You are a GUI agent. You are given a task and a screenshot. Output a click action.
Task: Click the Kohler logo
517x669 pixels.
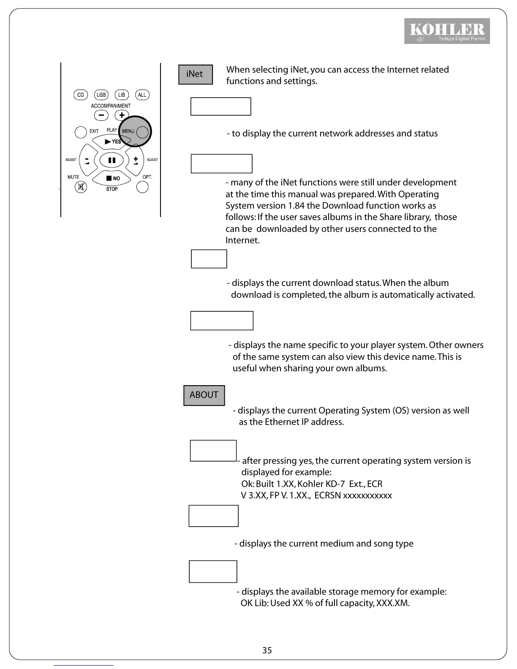tap(447, 31)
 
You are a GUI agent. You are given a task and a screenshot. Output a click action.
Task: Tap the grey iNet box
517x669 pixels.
tap(195, 74)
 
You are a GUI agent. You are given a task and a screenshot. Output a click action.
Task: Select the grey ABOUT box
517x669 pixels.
tap(204, 395)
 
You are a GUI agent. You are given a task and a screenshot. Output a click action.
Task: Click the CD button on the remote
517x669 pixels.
tap(80, 95)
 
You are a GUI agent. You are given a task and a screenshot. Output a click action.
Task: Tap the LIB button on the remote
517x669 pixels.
tap(122, 95)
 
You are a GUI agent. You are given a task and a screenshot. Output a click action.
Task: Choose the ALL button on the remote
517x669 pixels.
tap(142, 95)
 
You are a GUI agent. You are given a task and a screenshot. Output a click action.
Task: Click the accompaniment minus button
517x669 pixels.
tap(101, 115)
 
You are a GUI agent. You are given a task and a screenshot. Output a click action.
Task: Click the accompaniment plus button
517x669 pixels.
tap(122, 115)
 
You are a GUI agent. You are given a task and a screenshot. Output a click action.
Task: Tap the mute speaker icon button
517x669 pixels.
tap(81, 187)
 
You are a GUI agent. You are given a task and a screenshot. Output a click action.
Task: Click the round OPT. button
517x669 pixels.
tap(143, 187)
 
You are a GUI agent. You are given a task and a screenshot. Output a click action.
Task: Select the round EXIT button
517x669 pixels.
tap(81, 132)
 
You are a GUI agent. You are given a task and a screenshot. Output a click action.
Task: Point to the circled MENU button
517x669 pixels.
tap(142, 132)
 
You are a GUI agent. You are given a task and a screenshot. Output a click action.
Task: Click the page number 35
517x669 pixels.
tap(267, 650)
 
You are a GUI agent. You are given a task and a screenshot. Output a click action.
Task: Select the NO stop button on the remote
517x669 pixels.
tap(112, 178)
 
